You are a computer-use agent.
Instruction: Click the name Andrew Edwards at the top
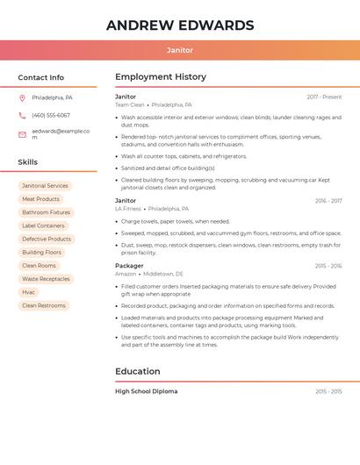pos(180,25)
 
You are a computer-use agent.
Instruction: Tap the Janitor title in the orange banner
pos(180,50)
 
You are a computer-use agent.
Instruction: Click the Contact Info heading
pos(40,77)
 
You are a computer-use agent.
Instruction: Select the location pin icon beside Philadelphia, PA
pos(22,97)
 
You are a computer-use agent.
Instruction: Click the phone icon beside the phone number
pos(22,115)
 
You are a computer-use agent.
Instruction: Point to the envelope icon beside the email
pos(22,134)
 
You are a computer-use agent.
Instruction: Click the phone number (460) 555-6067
pos(51,115)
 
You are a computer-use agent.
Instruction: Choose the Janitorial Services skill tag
pos(45,186)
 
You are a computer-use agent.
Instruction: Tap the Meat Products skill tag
pos(40,199)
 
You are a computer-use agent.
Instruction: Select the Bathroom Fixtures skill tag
pos(46,212)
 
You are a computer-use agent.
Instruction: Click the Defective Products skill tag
pos(47,239)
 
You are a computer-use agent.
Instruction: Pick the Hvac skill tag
pos(29,292)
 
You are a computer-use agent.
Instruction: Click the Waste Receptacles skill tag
pos(46,279)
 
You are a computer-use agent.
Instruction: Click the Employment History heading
pos(161,76)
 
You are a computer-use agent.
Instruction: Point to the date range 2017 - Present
pos(324,97)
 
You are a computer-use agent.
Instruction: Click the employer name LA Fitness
pos(128,209)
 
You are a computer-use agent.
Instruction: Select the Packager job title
pos(129,265)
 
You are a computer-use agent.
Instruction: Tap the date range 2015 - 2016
pos(328,265)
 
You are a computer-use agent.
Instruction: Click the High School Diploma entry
pos(146,391)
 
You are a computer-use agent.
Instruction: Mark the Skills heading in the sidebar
pos(28,162)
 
